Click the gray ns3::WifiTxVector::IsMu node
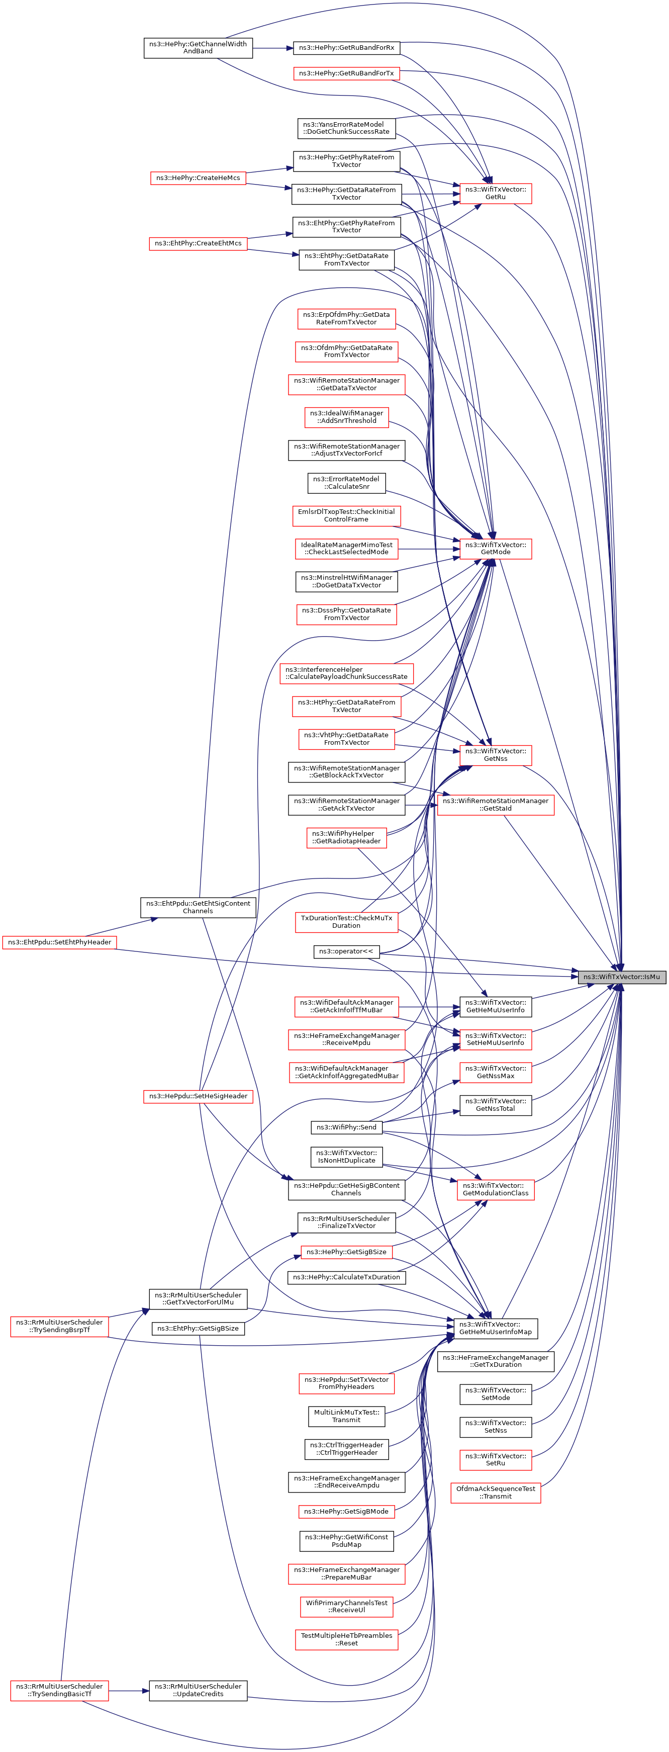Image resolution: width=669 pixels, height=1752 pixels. pos(621,977)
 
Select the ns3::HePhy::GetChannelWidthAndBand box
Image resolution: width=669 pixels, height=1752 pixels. pos(198,48)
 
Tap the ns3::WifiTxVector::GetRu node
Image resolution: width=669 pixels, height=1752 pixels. pos(496,193)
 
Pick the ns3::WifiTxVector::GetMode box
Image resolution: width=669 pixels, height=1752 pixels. pos(496,548)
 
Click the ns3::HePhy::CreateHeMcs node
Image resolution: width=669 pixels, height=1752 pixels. pos(198,178)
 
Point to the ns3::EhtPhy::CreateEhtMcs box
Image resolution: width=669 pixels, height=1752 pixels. pos(198,243)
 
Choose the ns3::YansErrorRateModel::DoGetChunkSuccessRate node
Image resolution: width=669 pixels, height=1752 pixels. pos(346,128)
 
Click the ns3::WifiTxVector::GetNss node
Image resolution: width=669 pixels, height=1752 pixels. pos(496,754)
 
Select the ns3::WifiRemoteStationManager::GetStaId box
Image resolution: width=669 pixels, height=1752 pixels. pos(495,804)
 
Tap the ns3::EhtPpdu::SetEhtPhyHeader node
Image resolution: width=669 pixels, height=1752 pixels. pos(59,942)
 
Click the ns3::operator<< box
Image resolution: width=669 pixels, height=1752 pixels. pos(346,951)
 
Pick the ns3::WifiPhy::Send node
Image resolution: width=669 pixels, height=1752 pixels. pos(346,1127)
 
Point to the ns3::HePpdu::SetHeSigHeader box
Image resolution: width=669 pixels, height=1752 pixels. pos(198,1096)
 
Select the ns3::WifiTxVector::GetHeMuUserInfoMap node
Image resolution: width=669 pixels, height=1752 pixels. pos(496,1328)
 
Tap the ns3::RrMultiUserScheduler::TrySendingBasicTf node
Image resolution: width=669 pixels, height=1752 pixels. pos(59,1690)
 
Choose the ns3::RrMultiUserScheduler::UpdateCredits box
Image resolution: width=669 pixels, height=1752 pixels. pos(198,1690)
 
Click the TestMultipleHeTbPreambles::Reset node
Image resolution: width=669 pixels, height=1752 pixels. pos(346,1639)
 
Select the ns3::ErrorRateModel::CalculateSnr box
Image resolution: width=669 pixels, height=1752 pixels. pos(346,483)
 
